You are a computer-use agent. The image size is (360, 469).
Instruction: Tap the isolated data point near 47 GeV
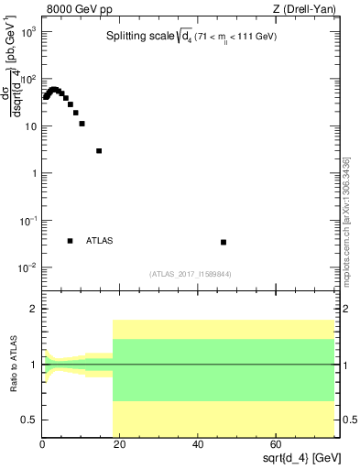coord(224,242)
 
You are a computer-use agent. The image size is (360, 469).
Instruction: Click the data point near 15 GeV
coord(99,151)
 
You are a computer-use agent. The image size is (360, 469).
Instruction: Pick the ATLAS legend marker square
coord(70,241)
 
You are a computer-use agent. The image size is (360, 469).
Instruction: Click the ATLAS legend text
coord(99,241)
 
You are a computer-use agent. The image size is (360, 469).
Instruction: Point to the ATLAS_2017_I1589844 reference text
coord(190,273)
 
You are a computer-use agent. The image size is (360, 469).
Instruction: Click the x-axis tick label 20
coord(120,444)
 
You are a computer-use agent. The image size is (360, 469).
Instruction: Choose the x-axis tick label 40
coord(198,444)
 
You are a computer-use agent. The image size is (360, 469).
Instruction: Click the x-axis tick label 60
coord(276,444)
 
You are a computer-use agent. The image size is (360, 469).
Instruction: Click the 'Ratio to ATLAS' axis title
coord(13,365)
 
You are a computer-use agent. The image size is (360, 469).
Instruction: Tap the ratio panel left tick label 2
coord(34,310)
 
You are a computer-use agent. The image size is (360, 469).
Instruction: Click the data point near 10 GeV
coord(82,124)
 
